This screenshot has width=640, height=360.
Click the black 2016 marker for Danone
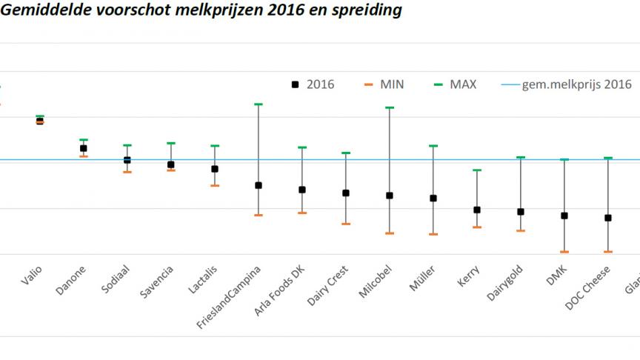84,148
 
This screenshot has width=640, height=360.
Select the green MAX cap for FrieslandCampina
259,104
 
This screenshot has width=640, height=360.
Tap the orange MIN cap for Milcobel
390,233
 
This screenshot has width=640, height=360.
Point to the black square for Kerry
477,210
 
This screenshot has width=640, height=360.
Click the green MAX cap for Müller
433,146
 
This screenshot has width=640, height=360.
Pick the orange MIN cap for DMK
564,252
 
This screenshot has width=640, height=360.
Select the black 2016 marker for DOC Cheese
608,218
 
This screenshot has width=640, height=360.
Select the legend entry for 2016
313,84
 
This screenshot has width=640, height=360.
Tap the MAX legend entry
455,84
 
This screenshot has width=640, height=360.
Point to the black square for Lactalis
215,169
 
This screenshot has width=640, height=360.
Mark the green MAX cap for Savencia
171,143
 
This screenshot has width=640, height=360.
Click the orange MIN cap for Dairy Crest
346,224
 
